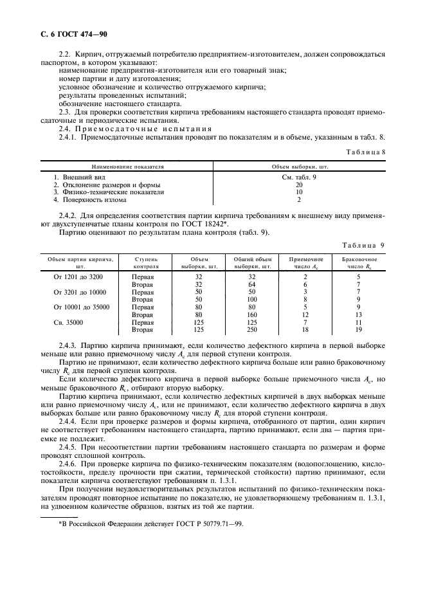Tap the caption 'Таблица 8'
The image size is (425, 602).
click(366, 151)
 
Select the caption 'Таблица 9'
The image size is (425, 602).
click(365, 245)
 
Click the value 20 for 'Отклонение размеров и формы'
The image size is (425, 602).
click(299, 185)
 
